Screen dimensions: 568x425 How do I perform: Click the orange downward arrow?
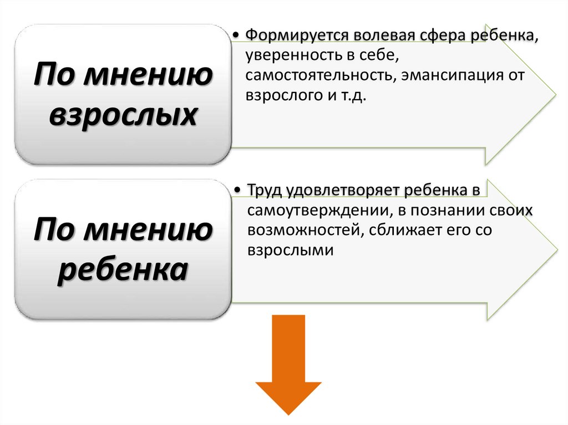288,366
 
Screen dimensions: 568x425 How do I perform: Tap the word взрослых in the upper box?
123,115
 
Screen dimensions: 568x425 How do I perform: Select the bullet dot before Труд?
237,191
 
